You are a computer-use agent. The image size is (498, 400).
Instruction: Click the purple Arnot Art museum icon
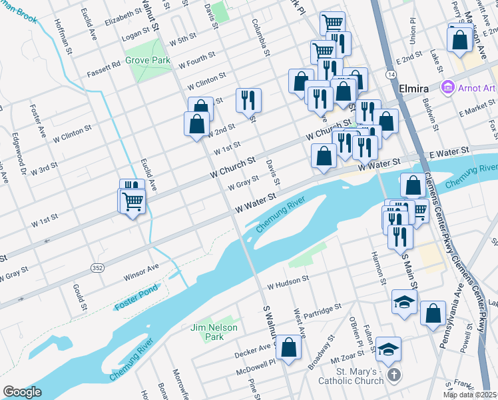point(447,88)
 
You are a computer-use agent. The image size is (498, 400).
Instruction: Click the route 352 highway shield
point(97,267)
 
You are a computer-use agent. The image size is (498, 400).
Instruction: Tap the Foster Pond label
point(135,305)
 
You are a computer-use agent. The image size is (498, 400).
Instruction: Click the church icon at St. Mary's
point(393,376)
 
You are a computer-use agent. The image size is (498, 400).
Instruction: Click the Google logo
point(22,392)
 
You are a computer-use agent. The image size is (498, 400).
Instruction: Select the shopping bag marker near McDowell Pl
point(288,347)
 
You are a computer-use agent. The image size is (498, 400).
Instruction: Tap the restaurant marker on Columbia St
point(248,101)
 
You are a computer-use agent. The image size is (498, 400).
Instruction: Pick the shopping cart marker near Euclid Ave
point(133,200)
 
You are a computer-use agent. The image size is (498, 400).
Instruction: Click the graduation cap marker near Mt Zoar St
point(388,349)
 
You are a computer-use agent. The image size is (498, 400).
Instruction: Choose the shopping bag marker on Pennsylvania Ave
point(433,314)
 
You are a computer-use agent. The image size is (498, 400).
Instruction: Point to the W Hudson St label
point(288,283)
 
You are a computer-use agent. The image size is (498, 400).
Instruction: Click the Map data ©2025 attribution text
point(470,395)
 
